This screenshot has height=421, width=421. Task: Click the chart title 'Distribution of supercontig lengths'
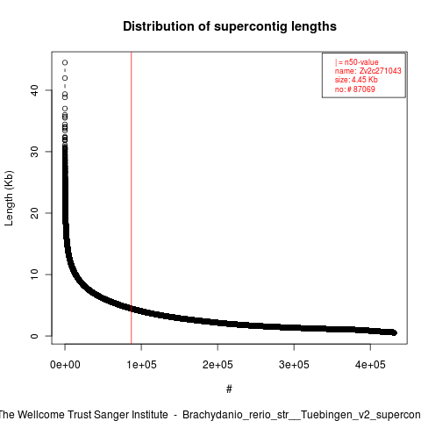pyautogui.click(x=230, y=26)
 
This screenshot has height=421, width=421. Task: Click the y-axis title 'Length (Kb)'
pyautogui.click(x=9, y=198)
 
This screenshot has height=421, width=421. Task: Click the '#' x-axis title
pyautogui.click(x=229, y=389)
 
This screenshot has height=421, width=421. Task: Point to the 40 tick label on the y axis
pyautogui.click(x=34, y=90)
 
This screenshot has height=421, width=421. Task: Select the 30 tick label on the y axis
pyautogui.click(x=34, y=152)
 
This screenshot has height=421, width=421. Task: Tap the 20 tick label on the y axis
pyautogui.click(x=34, y=213)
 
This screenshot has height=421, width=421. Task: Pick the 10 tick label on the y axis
pyautogui.click(x=34, y=275)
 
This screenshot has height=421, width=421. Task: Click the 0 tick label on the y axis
pyautogui.click(x=34, y=336)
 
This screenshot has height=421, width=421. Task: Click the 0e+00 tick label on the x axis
pyautogui.click(x=65, y=365)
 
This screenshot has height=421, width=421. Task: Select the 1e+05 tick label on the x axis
pyautogui.click(x=141, y=365)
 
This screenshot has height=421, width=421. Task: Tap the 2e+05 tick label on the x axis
pyautogui.click(x=218, y=365)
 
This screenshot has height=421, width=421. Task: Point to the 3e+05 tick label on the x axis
pyautogui.click(x=294, y=365)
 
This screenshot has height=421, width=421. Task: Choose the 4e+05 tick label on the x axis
pyautogui.click(x=370, y=365)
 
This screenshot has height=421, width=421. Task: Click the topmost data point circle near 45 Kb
pyautogui.click(x=65, y=62)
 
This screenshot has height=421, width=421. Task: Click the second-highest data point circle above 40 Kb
pyautogui.click(x=65, y=78)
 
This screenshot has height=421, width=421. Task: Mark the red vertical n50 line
pyautogui.click(x=132, y=198)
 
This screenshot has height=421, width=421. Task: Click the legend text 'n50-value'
pyautogui.click(x=361, y=62)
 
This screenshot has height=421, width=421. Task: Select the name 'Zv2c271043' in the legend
pyautogui.click(x=380, y=71)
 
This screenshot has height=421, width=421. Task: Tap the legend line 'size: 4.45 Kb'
pyautogui.click(x=356, y=80)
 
